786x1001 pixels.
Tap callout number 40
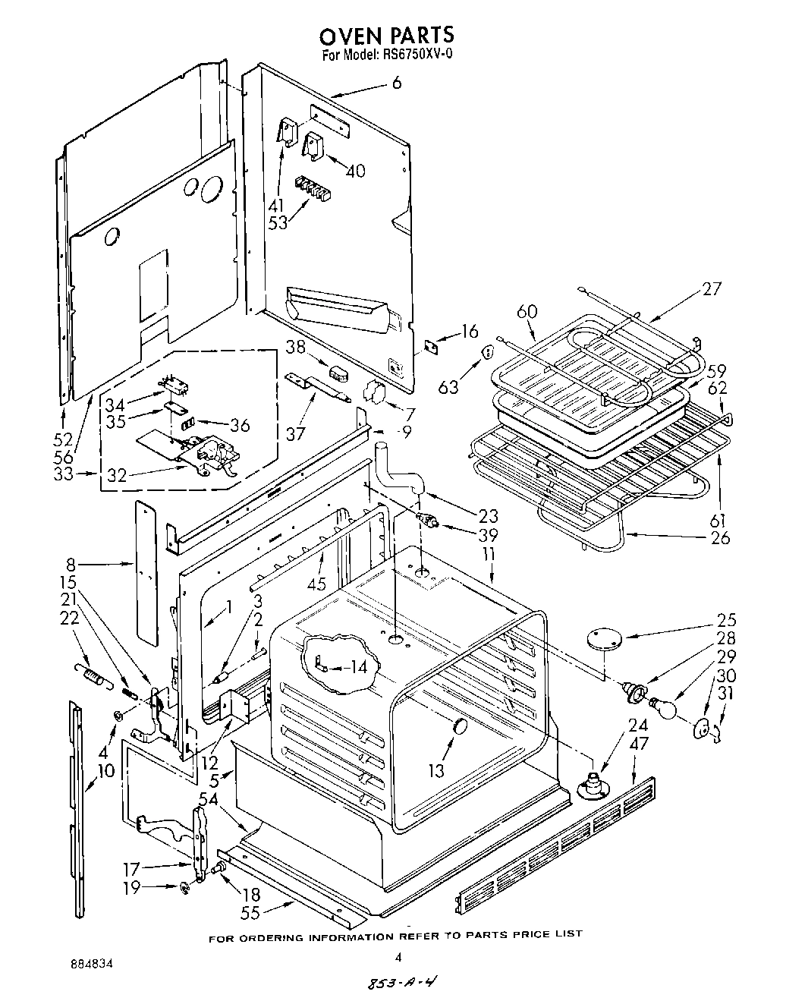point(354,171)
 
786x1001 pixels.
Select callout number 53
point(278,223)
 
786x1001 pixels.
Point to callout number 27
point(711,288)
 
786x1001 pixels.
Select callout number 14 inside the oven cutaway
point(355,667)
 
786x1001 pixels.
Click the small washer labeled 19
point(184,887)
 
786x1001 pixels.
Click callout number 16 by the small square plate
point(470,332)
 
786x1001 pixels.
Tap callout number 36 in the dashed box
point(240,424)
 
